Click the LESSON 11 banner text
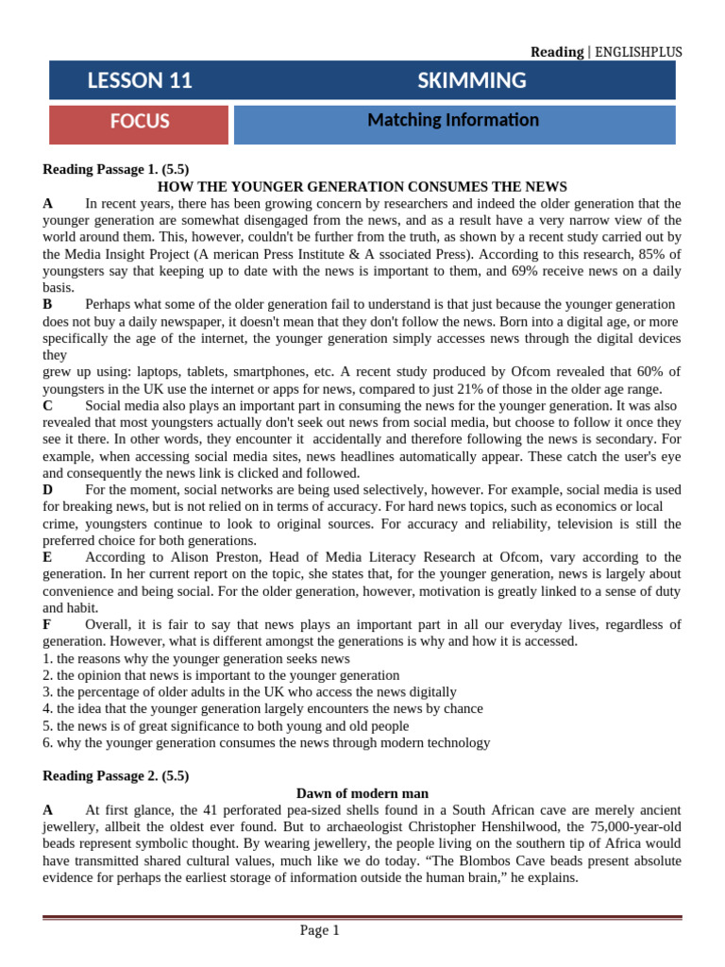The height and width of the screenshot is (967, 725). (x=140, y=81)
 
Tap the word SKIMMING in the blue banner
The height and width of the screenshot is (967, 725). (x=472, y=81)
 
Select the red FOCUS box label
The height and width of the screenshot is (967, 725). (x=140, y=122)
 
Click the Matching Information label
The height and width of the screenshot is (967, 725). (x=453, y=120)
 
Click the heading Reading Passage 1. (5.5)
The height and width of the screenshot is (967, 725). (x=116, y=170)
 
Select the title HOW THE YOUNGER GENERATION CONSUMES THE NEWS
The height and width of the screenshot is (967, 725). (x=362, y=187)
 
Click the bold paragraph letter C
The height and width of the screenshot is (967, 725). (x=48, y=405)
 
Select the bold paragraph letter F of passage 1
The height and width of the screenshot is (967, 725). (x=47, y=624)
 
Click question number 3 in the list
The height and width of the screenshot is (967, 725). (x=47, y=692)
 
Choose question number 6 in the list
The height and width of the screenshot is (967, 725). (x=47, y=742)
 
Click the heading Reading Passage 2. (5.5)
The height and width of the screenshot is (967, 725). (x=116, y=776)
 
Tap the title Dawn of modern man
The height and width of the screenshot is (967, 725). (x=362, y=793)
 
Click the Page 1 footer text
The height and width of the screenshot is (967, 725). (x=319, y=931)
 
